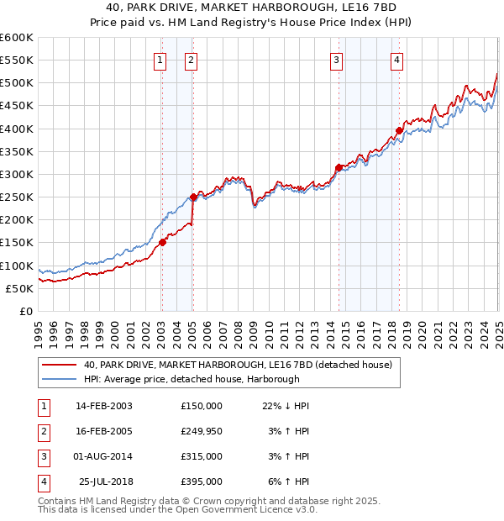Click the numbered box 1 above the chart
[x=160, y=60]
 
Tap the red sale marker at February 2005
[x=193, y=197]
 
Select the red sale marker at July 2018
[x=399, y=130]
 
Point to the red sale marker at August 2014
[x=339, y=167]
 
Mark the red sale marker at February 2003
[x=162, y=243]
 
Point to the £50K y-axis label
[x=19, y=288]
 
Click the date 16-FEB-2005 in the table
[x=104, y=430]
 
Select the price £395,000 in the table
[x=202, y=482]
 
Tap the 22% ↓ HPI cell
[x=286, y=405]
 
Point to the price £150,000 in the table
[x=202, y=405]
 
